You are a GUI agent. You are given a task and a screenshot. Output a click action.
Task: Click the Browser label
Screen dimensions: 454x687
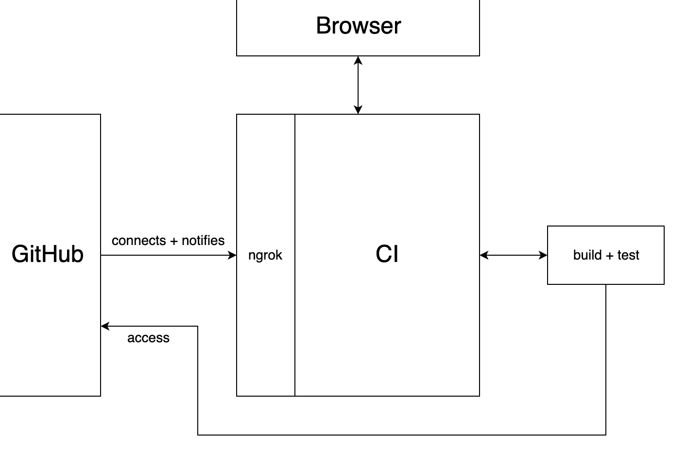pyautogui.click(x=358, y=26)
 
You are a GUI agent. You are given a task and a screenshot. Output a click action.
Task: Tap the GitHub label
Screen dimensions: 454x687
pyautogui.click(x=48, y=254)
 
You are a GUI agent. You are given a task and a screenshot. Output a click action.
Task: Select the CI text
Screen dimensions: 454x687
pyautogui.click(x=387, y=254)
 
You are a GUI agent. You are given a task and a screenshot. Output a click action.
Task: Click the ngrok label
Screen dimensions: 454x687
pyautogui.click(x=265, y=255)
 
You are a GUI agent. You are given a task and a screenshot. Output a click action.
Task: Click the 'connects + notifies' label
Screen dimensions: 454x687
pyautogui.click(x=168, y=241)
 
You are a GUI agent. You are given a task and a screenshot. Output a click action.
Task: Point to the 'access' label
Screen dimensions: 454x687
pyautogui.click(x=148, y=338)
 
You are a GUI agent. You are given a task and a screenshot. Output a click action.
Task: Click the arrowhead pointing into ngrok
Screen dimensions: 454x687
pyautogui.click(x=233, y=255)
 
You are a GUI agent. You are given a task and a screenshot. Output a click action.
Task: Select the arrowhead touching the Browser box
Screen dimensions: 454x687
pyautogui.click(x=358, y=60)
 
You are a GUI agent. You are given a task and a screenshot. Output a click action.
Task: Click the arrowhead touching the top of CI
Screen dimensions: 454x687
pyautogui.click(x=358, y=110)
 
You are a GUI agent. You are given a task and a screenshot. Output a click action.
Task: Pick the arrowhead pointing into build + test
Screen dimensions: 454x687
pyautogui.click(x=543, y=255)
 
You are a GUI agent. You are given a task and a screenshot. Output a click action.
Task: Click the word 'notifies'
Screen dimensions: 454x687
pyautogui.click(x=203, y=241)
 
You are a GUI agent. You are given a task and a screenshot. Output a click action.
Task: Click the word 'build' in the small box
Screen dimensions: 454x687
pyautogui.click(x=587, y=255)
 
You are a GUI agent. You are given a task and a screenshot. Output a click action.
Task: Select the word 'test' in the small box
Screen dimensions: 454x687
pyautogui.click(x=628, y=255)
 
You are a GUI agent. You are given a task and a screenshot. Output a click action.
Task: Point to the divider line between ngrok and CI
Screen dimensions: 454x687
pyautogui.click(x=295, y=316)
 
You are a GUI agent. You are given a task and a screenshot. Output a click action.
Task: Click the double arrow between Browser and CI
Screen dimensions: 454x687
pyautogui.click(x=358, y=85)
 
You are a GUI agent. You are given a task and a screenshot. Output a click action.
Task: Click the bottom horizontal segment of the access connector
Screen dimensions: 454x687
pyautogui.click(x=402, y=435)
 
